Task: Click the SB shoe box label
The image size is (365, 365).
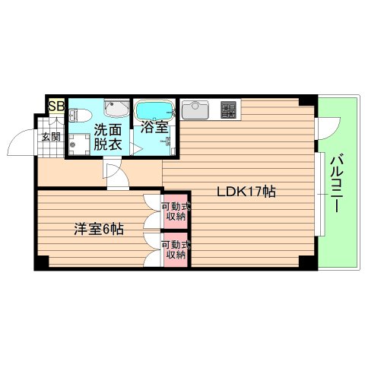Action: click(x=56, y=106)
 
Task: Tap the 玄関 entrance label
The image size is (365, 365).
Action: click(x=51, y=137)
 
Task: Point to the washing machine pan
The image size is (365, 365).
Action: click(x=78, y=144)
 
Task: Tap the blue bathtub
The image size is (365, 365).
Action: click(x=154, y=109)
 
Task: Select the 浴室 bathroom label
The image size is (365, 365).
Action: click(x=154, y=128)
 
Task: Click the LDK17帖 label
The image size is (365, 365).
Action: click(x=246, y=192)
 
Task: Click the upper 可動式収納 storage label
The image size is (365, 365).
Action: click(x=176, y=209)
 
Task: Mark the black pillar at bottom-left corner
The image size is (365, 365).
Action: click(x=41, y=262)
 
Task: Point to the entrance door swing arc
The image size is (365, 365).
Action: click(x=19, y=143)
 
